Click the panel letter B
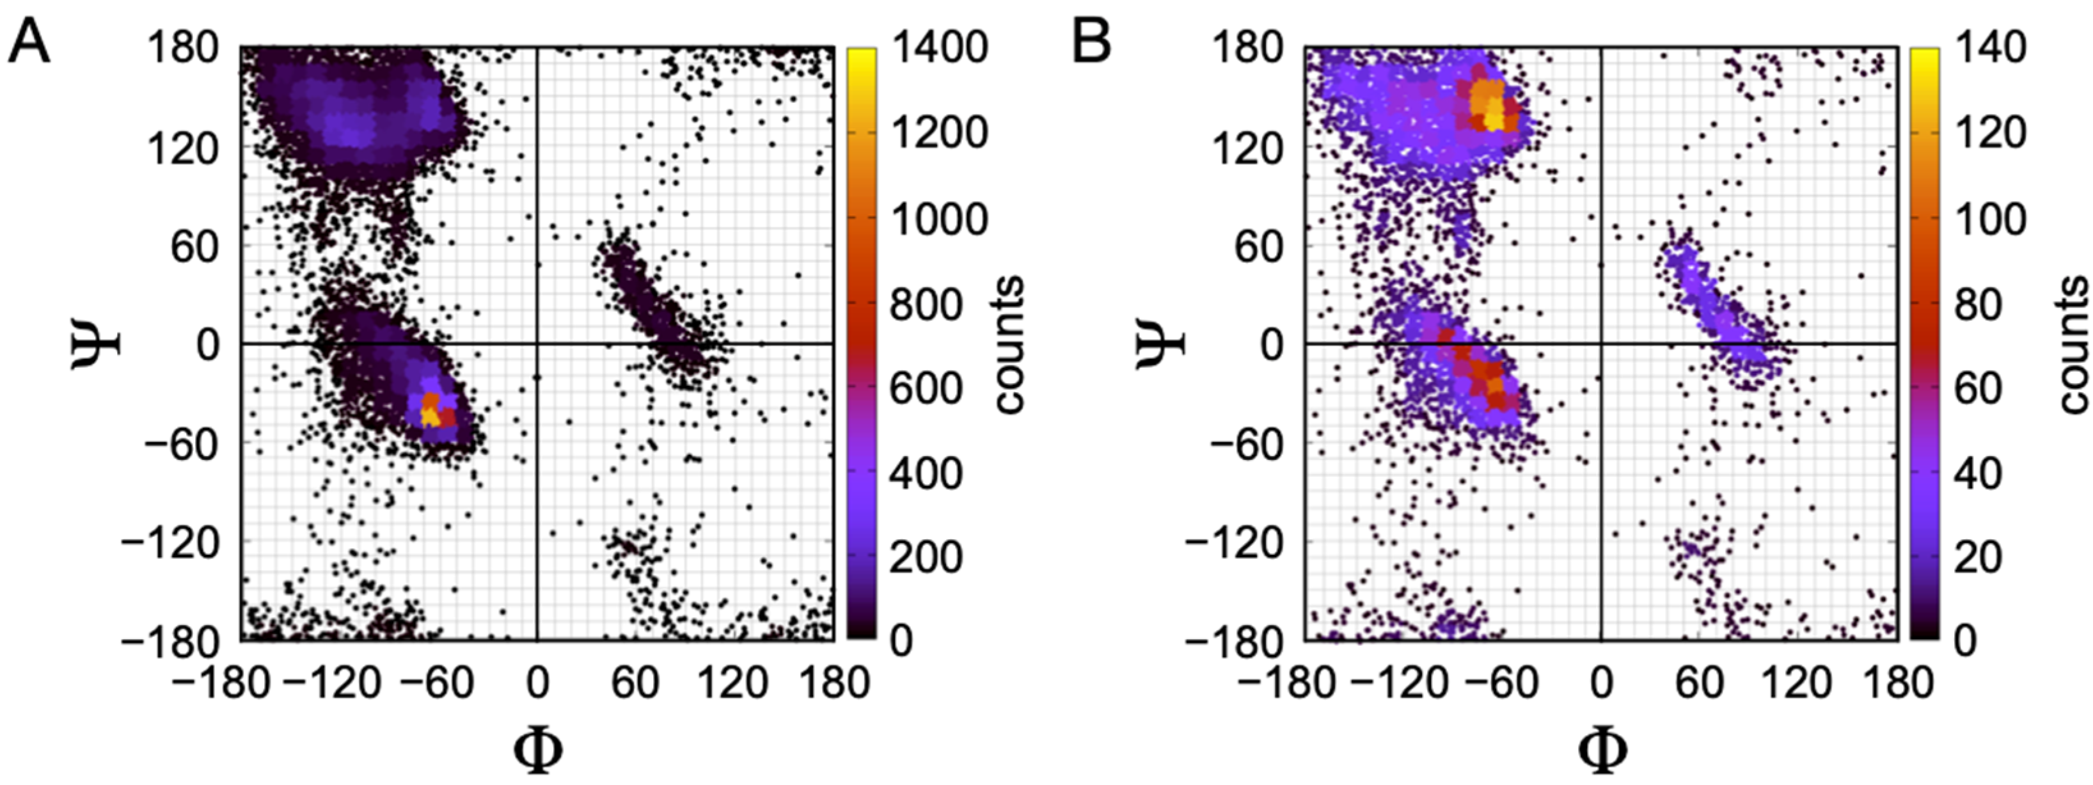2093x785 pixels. tap(1091, 42)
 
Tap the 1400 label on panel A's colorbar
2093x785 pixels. tap(938, 47)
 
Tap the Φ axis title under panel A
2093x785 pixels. tap(537, 752)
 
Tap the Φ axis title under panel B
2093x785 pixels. tap(1602, 752)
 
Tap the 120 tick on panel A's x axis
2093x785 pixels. tap(733, 683)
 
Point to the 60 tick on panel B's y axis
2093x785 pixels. tap(1255, 246)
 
